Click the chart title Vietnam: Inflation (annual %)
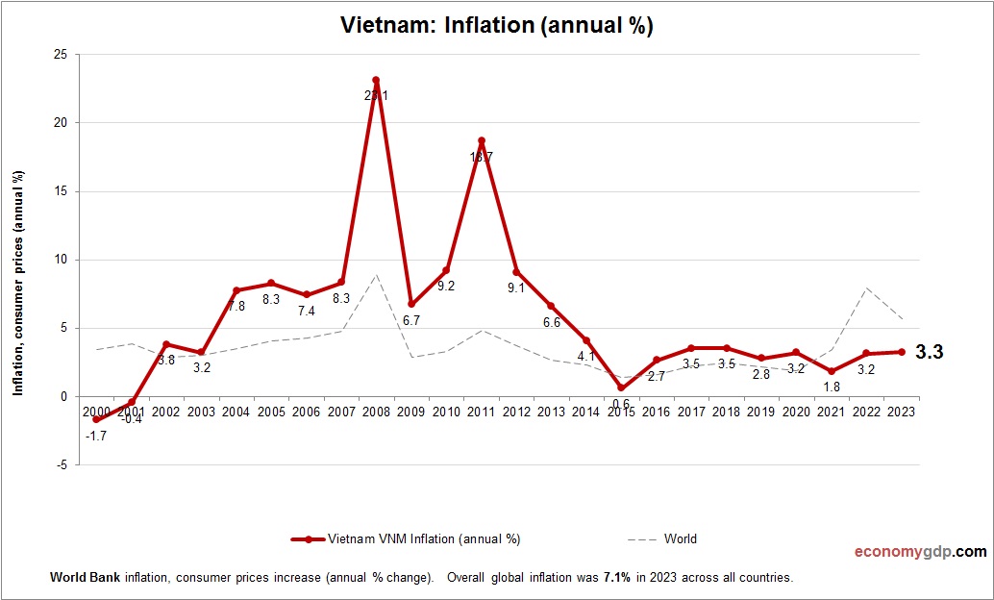pos(497,26)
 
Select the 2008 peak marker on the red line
pos(376,80)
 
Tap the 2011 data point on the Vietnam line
pos(482,140)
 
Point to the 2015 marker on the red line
pos(621,387)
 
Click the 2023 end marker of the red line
pos(901,352)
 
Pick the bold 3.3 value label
pos(929,353)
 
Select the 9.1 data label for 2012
pos(515,287)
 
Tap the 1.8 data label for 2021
pos(831,387)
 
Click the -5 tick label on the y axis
pos(62,464)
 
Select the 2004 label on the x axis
pos(236,411)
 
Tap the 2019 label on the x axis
pos(760,411)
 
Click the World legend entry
pos(680,538)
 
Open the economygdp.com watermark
pos(920,552)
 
